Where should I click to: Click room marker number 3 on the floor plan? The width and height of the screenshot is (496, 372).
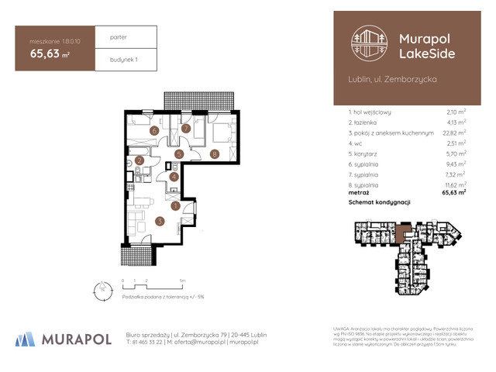pos(159,222)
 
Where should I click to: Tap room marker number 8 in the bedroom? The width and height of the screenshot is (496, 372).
pos(214,154)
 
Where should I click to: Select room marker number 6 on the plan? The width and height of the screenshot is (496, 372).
pos(155,132)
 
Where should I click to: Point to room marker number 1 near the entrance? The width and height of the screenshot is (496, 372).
pos(176,206)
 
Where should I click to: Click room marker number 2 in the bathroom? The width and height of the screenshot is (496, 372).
pos(139,161)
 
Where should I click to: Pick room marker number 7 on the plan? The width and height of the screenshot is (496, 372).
pos(185,129)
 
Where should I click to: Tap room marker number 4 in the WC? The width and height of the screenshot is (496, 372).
pos(174,177)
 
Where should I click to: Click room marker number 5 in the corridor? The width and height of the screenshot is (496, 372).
pos(178,154)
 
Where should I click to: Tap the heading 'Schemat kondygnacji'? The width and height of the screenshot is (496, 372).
pos(379,202)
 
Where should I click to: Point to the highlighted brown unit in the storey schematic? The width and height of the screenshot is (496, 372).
pos(402,230)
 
